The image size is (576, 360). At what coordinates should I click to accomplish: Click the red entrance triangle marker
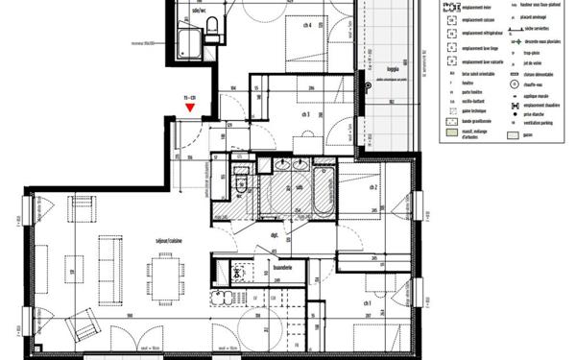point(191,108)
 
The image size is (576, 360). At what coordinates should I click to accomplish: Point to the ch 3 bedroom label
point(305,113)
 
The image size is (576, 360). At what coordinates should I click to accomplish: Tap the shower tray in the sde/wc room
point(189,41)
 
